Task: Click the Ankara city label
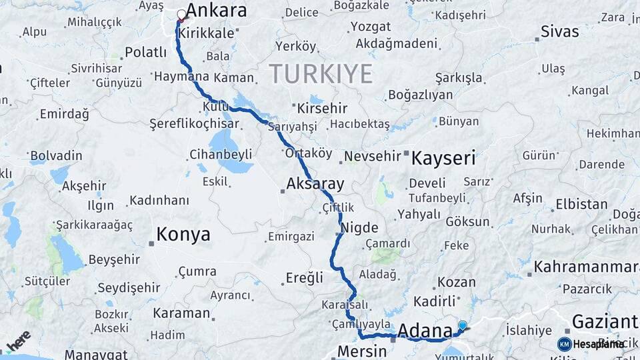216,11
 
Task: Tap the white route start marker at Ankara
181,14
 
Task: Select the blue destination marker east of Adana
462,326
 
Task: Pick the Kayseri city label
443,159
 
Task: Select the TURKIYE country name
321,73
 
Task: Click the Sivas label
559,31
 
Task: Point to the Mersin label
362,351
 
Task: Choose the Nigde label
359,227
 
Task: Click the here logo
19,341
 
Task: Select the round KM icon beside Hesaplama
564,344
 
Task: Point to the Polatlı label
145,52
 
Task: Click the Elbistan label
581,204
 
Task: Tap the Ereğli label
305,277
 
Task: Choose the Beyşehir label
117,260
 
